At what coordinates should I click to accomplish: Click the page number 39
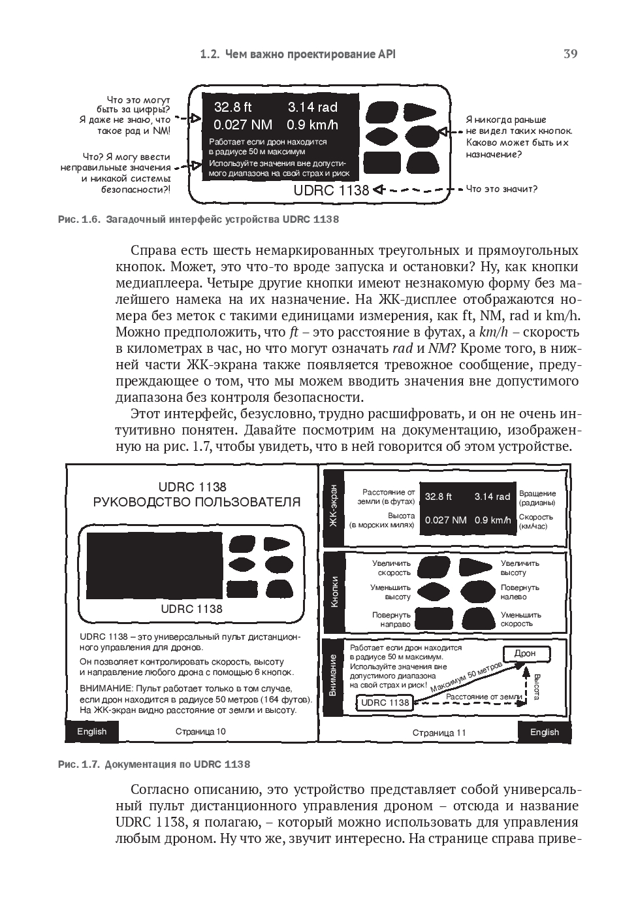tap(570, 54)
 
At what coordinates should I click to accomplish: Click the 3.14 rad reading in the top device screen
tap(312, 107)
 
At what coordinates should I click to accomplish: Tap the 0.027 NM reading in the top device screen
tap(243, 125)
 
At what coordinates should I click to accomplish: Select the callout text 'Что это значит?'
tap(501, 190)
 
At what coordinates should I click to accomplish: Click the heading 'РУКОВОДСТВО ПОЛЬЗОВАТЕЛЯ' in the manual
tap(197, 503)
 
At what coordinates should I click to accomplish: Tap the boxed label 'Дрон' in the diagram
tap(525, 653)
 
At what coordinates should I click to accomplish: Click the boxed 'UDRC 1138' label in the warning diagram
tap(385, 702)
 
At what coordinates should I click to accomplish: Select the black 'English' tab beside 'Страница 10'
tap(91, 731)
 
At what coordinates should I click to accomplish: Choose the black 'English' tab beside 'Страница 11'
tap(544, 732)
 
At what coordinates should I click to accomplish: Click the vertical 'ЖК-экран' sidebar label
tap(334, 506)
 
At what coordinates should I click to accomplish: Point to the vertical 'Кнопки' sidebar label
tap(334, 591)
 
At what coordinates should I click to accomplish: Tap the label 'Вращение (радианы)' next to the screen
tap(537, 498)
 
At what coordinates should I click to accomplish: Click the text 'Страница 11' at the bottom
tap(439, 733)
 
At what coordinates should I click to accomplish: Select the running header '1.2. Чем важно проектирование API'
tap(297, 54)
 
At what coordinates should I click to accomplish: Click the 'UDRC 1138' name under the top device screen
tap(331, 190)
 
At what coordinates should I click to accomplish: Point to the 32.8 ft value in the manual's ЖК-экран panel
tap(438, 497)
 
